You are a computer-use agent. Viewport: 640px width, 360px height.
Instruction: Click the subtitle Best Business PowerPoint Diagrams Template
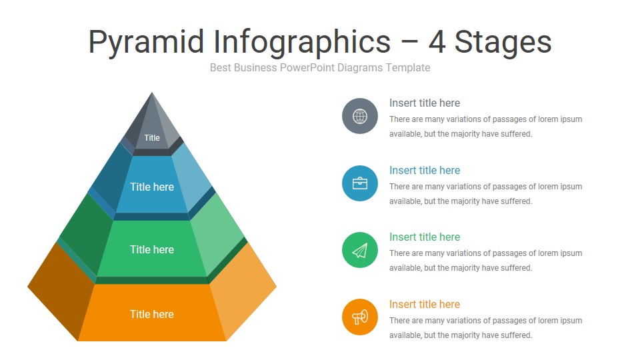point(320,67)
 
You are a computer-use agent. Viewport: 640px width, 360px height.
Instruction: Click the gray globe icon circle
point(360,116)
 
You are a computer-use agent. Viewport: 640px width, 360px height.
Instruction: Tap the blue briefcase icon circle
point(360,183)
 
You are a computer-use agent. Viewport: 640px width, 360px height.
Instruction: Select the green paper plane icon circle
point(360,250)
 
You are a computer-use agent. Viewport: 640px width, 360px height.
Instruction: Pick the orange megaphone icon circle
point(360,317)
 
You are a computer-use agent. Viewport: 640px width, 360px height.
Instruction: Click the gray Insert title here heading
point(425,103)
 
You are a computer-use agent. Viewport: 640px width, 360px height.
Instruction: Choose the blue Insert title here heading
point(425,170)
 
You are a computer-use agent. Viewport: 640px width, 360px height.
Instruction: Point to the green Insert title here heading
point(425,237)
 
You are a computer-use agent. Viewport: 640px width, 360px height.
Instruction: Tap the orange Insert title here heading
point(425,304)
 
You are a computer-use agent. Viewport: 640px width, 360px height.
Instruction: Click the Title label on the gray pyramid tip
point(152,137)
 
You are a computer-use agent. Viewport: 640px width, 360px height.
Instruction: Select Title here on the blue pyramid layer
point(152,187)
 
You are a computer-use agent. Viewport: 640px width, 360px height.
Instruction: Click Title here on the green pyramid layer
point(152,249)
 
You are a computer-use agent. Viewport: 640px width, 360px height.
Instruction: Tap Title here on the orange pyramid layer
point(152,314)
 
